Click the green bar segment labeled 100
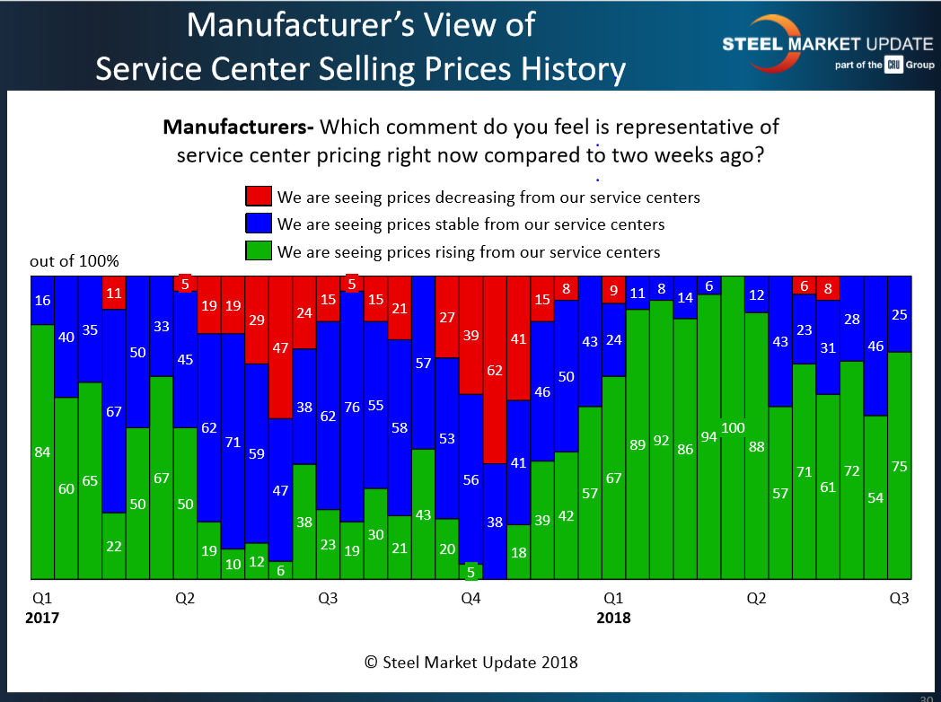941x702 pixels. click(733, 427)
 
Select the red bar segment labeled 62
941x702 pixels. click(495, 369)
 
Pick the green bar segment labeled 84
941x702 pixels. click(41, 452)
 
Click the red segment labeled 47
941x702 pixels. click(280, 347)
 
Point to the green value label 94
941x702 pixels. click(709, 437)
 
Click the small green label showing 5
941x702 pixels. click(470, 570)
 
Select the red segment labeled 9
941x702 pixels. click(613, 290)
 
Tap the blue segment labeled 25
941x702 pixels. click(899, 314)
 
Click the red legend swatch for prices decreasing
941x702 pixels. click(258, 197)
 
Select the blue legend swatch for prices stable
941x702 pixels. click(258, 224)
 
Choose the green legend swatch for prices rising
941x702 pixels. click(258, 252)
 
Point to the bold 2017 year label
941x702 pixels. click(43, 618)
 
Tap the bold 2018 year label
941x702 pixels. click(613, 618)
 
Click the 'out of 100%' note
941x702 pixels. click(75, 262)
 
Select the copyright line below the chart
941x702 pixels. click(470, 663)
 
